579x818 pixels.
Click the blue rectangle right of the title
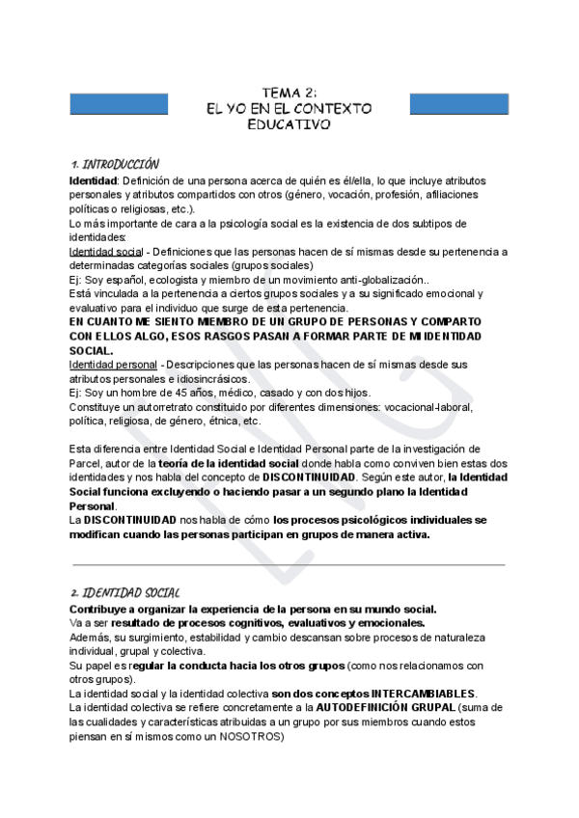pyautogui.click(x=459, y=103)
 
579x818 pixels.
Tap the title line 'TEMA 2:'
pyautogui.click(x=289, y=92)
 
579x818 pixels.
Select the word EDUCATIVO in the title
pyautogui.click(x=289, y=125)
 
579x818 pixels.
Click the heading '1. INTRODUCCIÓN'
pyautogui.click(x=115, y=165)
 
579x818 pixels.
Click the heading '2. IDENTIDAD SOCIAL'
pyautogui.click(x=124, y=592)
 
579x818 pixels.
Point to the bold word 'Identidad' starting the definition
pyautogui.click(x=93, y=181)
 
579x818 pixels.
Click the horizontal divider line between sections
pyautogui.click(x=289, y=564)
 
